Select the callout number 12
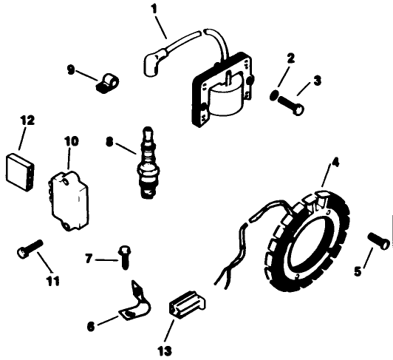point(27,120)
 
